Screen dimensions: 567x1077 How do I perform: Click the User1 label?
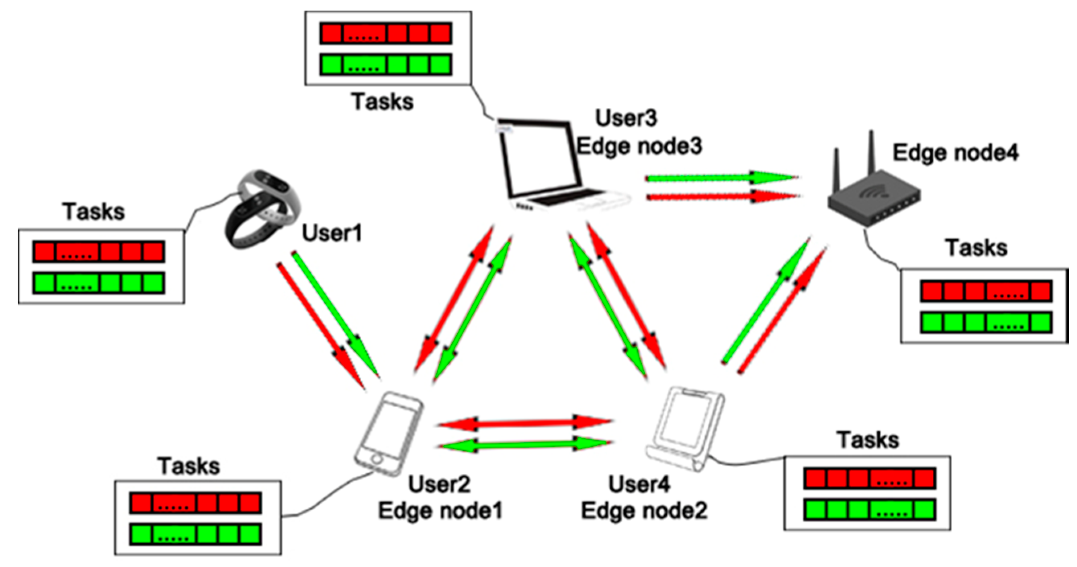332,233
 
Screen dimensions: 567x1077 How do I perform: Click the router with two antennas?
874,193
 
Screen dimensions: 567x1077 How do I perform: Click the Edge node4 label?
955,153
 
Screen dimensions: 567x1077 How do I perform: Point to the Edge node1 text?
440,511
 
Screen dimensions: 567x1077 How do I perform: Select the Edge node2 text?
644,511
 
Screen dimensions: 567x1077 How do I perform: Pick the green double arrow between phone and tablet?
525,445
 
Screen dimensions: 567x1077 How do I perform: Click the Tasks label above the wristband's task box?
94,212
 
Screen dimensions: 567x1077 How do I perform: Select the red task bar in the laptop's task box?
385,33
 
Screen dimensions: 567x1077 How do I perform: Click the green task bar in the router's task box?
985,323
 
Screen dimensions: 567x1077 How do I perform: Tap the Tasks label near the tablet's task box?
868,440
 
